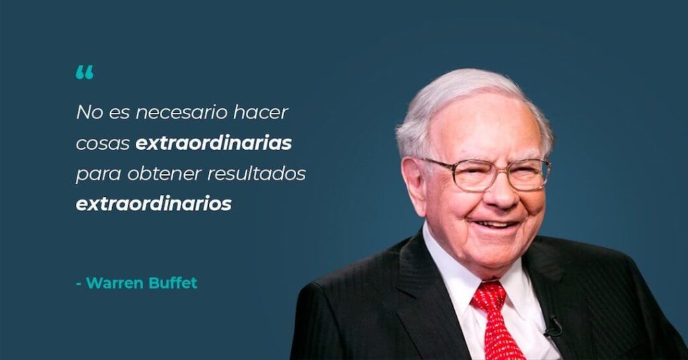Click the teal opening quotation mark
coord(84,73)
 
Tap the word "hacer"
coord(261,111)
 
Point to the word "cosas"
coord(103,143)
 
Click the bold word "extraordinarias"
coord(214,142)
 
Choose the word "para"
coord(98,175)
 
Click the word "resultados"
coord(256,173)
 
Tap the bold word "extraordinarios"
coord(154,204)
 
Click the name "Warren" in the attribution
coord(114,283)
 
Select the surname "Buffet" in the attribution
coord(173,283)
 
